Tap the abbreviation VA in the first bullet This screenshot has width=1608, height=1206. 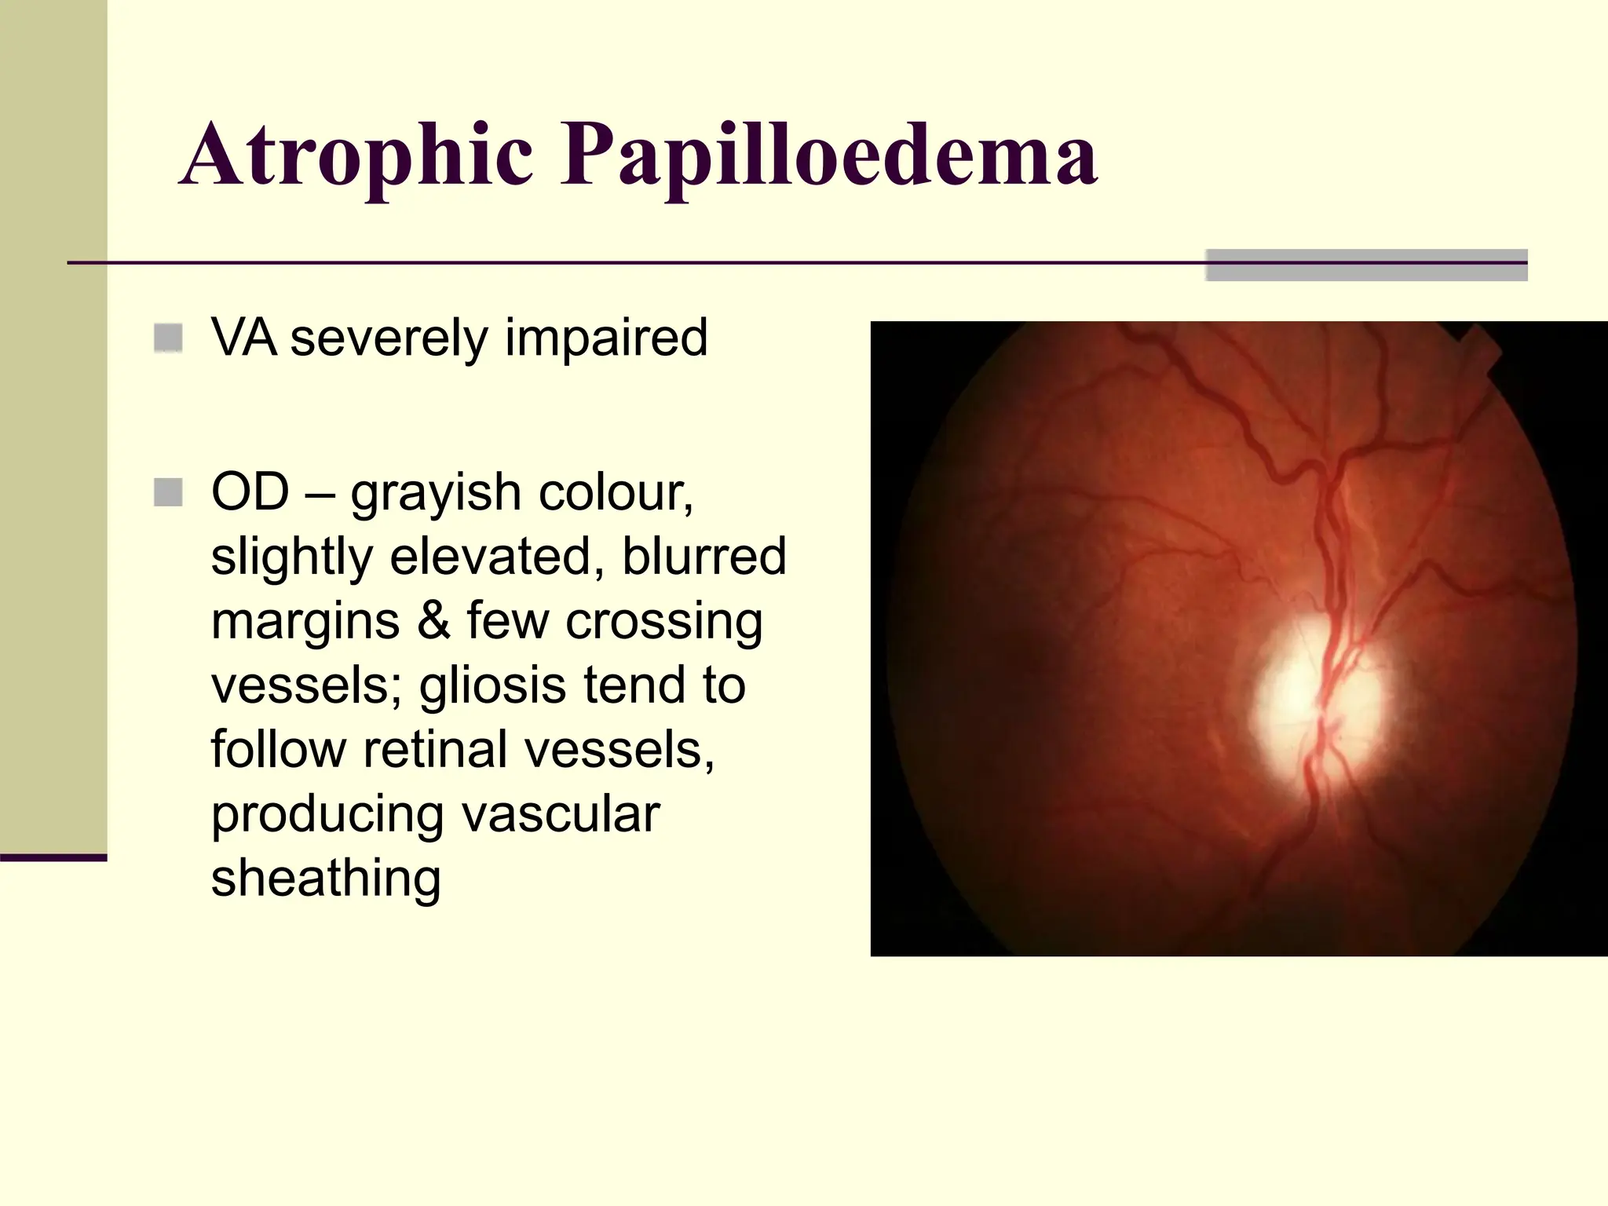(x=243, y=338)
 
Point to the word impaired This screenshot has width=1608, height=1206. (x=605, y=339)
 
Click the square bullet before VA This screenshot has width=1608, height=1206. (x=169, y=338)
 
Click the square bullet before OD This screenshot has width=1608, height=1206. (x=169, y=492)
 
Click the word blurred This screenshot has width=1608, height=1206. (x=703, y=557)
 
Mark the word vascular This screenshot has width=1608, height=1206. (x=561, y=814)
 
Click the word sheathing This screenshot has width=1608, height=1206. (x=326, y=879)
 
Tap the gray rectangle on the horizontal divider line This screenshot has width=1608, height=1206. (x=1366, y=265)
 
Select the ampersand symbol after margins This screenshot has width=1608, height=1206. (x=433, y=621)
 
